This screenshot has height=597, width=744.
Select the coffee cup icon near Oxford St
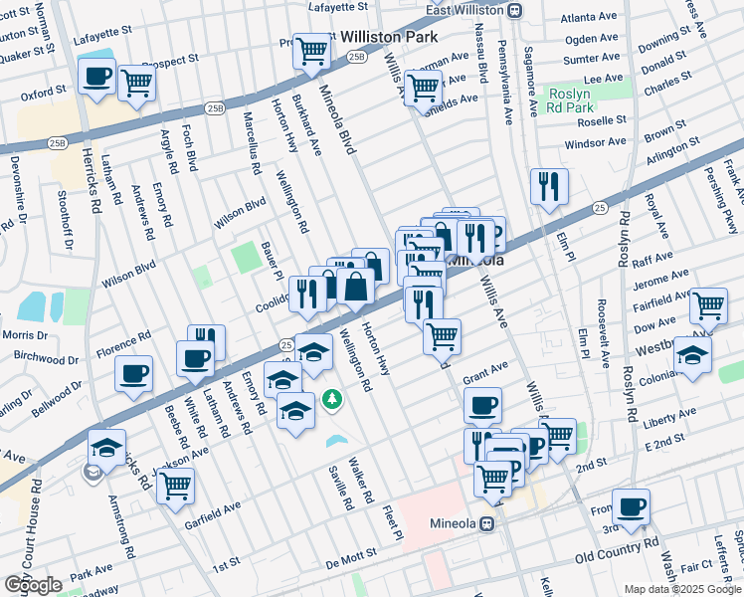point(96,78)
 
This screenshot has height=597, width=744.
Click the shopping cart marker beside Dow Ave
point(708,305)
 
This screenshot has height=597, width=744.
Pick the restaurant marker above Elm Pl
point(548,185)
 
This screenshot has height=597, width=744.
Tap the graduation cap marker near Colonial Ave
point(692,354)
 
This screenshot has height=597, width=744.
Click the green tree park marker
point(332,400)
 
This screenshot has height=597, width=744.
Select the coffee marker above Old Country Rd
point(631,506)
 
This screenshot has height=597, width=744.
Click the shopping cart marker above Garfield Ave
point(175,485)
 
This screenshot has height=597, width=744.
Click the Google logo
point(33,585)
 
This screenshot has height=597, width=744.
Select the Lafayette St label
point(337,6)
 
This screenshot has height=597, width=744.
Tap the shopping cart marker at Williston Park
point(312,50)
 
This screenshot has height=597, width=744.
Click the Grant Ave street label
point(485,371)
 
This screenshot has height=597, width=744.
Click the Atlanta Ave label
point(588,18)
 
